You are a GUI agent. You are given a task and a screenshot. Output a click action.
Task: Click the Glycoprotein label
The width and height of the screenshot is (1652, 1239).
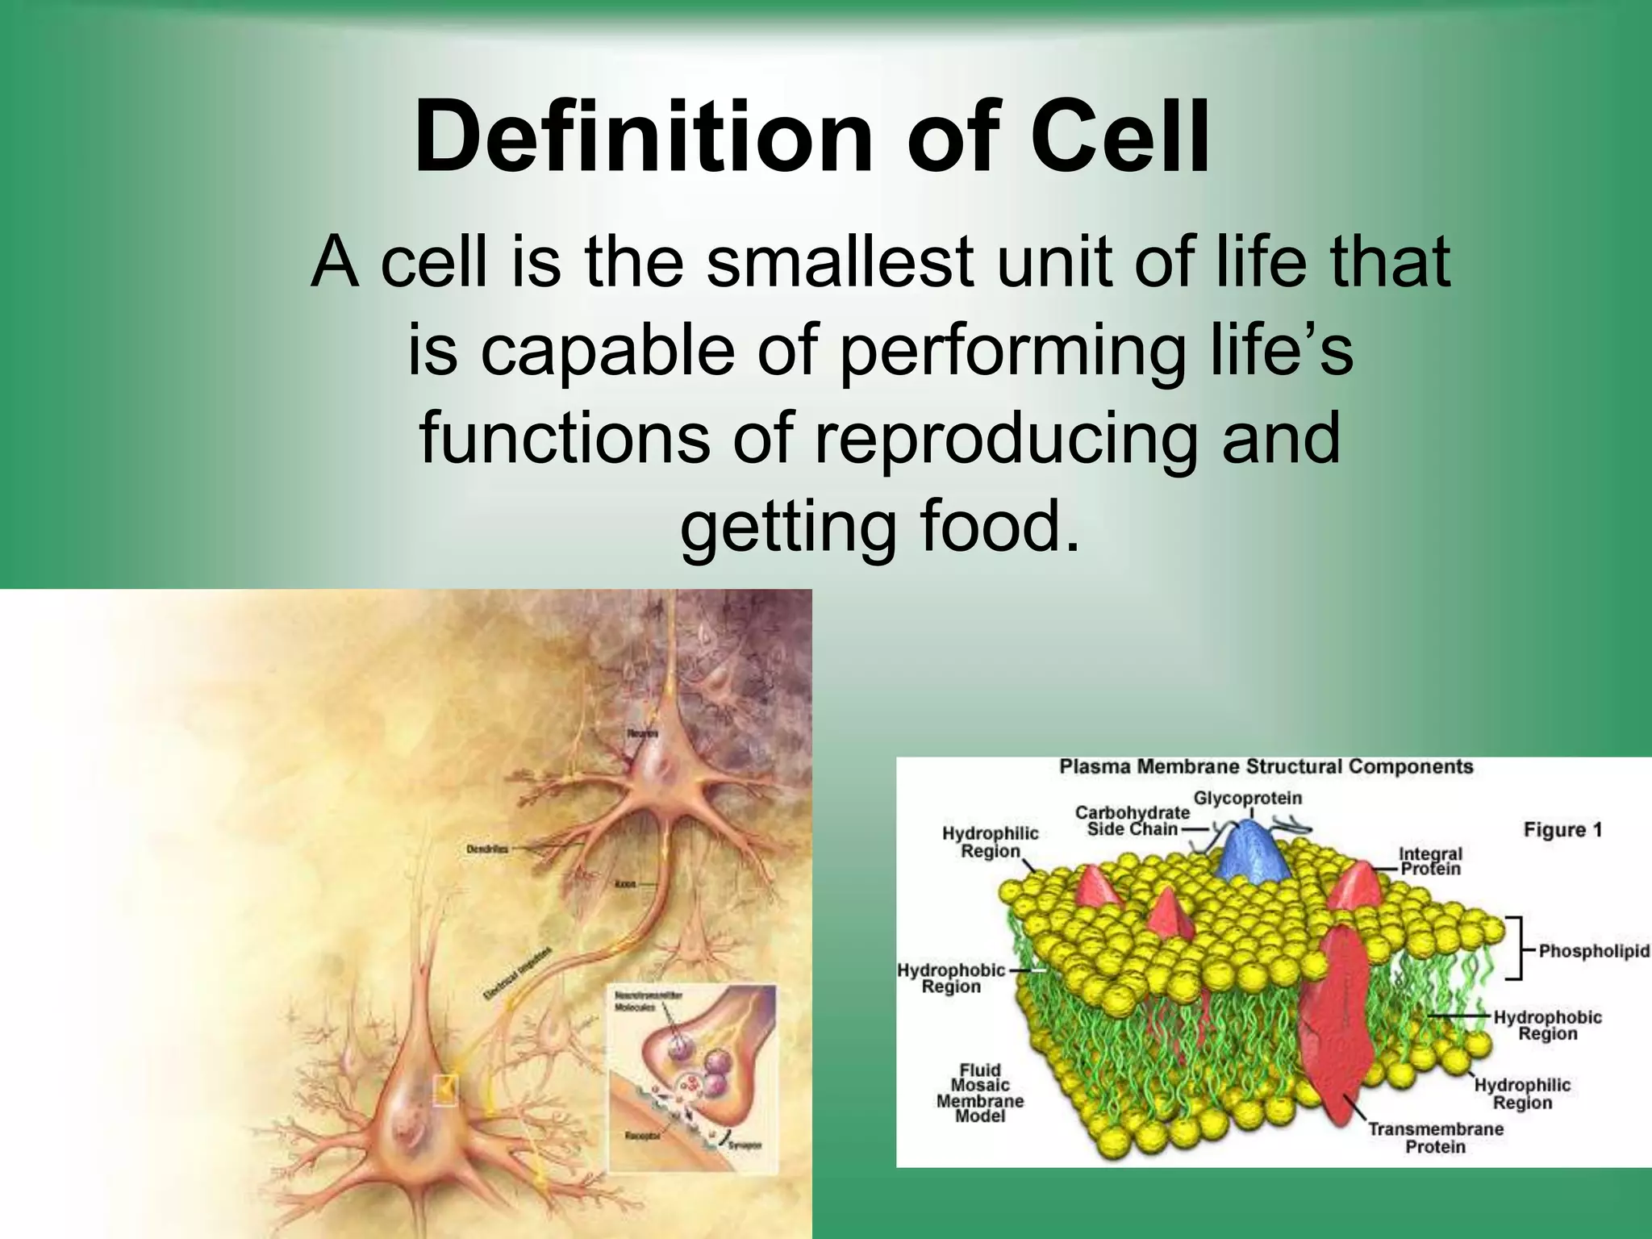pyautogui.click(x=1247, y=799)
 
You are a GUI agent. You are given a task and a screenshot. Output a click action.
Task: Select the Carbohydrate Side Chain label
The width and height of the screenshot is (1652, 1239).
pyautogui.click(x=1132, y=820)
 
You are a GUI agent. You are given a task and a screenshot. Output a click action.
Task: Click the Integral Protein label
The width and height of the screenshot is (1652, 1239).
pyautogui.click(x=1430, y=861)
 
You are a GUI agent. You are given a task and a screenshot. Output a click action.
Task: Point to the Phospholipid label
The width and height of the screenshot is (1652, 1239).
pyautogui.click(x=1593, y=951)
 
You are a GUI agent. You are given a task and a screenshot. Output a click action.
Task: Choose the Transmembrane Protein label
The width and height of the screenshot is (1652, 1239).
pyautogui.click(x=1435, y=1137)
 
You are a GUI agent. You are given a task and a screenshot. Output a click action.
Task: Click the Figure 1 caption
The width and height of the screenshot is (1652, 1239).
pyautogui.click(x=1562, y=829)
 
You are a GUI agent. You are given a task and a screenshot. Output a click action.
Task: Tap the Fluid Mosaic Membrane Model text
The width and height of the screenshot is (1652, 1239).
pyautogui.click(x=980, y=1093)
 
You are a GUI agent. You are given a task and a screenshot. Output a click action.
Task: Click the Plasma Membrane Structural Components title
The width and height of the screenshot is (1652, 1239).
pyautogui.click(x=1266, y=766)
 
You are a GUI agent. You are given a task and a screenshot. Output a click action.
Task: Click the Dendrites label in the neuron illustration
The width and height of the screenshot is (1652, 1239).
pyautogui.click(x=487, y=849)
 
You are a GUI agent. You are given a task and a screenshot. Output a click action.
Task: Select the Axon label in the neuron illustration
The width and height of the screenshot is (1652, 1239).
pyautogui.click(x=625, y=884)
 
